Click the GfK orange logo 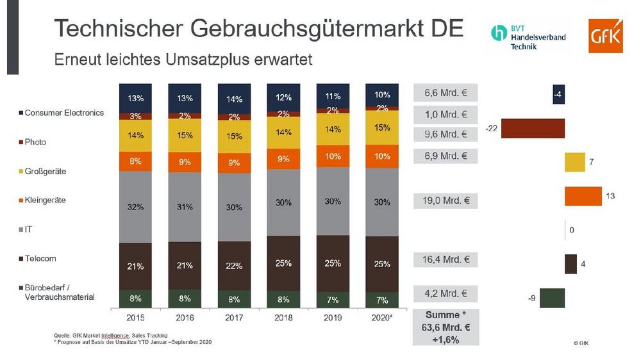tap(605, 37)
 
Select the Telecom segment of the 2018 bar tap(284, 263)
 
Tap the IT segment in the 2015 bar tap(135, 207)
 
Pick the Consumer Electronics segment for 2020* tap(383, 94)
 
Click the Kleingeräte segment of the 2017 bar tap(234, 163)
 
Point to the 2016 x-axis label tap(185, 316)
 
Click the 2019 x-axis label tap(333, 316)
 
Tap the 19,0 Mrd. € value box tap(446, 200)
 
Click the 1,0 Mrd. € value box tap(446, 115)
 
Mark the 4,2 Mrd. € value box tap(446, 294)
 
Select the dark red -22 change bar tap(533, 129)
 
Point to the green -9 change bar tap(552, 298)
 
